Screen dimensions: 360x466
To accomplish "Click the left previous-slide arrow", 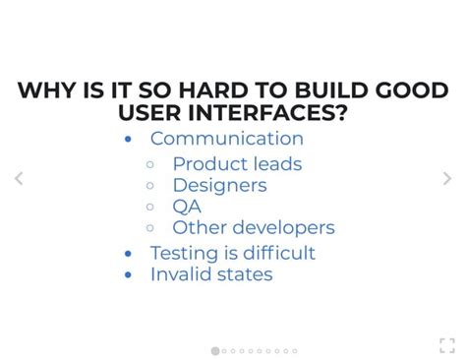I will click(18, 178).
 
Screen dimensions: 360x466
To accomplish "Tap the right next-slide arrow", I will click(447, 178).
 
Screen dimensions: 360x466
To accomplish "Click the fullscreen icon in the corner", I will click(447, 344).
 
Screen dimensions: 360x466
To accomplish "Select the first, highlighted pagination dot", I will click(215, 350).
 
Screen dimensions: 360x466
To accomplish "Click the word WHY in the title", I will click(45, 91).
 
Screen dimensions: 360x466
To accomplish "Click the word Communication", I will click(226, 139).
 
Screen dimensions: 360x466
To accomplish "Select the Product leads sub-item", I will click(237, 163).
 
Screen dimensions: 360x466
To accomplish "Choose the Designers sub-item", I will click(219, 185).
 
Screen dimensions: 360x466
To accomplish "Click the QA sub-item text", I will click(187, 207).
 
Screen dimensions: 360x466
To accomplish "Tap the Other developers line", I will click(253, 227).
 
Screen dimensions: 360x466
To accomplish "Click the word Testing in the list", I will click(184, 253).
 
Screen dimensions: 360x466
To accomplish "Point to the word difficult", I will click(277, 253).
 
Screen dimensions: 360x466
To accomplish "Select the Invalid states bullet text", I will click(211, 274).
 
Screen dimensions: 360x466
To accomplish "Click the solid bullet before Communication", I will click(128, 140).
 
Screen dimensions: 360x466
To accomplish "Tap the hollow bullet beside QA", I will click(149, 207).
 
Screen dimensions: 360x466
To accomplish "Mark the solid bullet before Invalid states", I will click(128, 275).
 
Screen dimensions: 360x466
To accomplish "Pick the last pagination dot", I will click(294, 350).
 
